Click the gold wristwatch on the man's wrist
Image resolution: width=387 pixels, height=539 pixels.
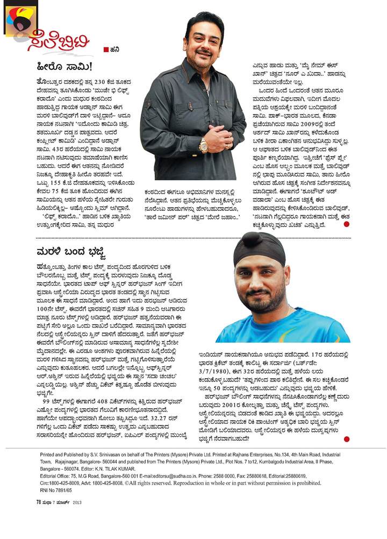pos(204,144)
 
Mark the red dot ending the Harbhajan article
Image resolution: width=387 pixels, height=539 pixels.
pos(346,439)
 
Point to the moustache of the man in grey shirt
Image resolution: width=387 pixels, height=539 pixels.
pos(204,52)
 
